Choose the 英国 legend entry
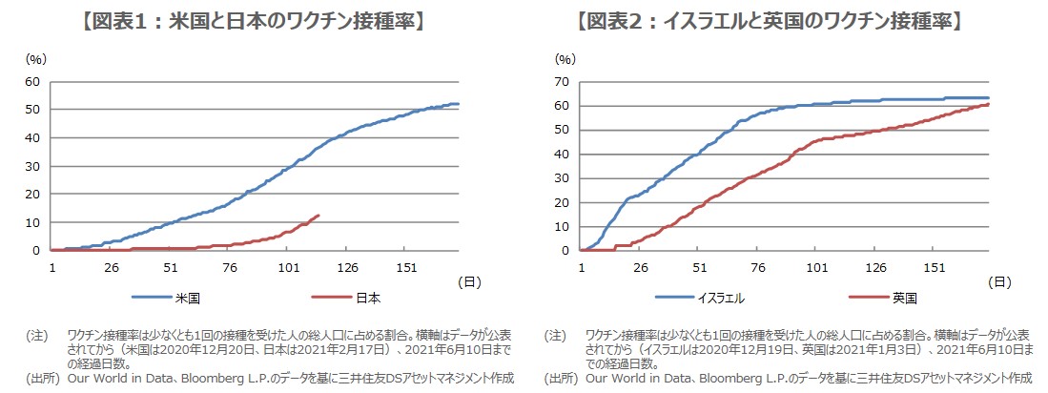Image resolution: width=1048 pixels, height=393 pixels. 903,298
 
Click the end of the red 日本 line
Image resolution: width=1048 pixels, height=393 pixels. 319,216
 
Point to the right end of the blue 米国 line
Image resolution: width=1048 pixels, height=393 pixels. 458,104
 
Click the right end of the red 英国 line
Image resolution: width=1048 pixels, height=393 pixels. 988,104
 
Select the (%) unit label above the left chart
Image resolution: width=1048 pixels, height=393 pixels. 35,59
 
